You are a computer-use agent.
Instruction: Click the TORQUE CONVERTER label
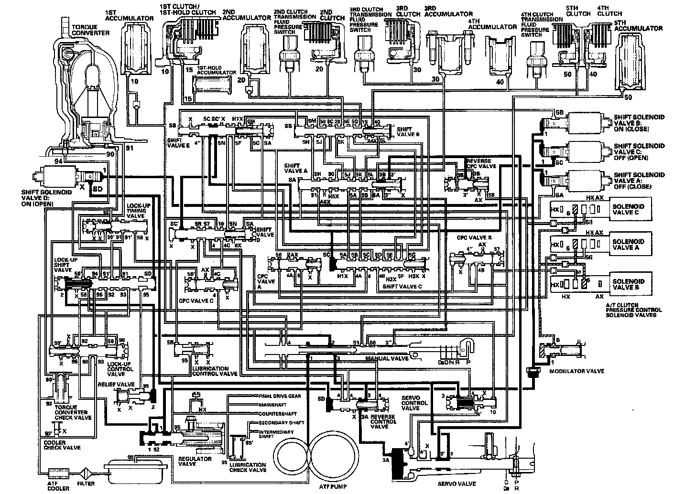(89, 30)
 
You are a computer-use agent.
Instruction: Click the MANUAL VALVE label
(387, 358)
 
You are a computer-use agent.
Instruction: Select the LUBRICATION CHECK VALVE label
(247, 467)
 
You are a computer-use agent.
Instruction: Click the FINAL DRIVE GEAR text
(280, 396)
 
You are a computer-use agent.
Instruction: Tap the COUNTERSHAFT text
(278, 414)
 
